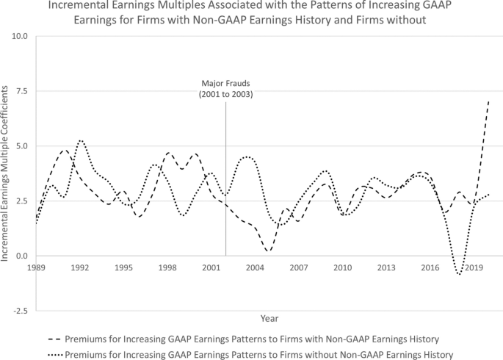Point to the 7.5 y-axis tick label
coord(21,90)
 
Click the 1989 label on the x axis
coord(37,267)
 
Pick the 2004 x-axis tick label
coord(255,267)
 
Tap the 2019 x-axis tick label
coord(473,267)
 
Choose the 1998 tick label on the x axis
coord(167,267)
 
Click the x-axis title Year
coord(269,317)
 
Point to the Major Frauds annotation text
coord(225,89)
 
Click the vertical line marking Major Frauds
coord(225,184)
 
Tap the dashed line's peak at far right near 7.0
coord(489,101)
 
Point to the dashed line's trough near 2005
coord(269,251)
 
